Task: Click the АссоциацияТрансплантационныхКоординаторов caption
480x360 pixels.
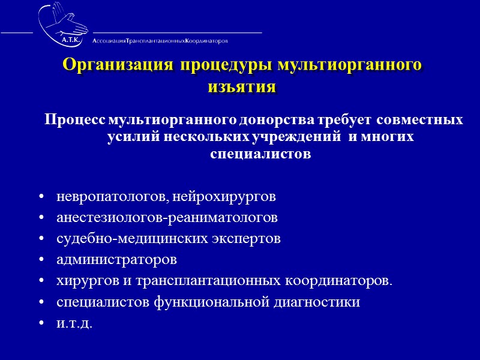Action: tap(160, 41)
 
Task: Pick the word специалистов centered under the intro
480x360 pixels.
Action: tap(261, 154)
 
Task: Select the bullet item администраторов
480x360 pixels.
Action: tap(117, 260)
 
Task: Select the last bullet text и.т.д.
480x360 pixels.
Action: tap(75, 323)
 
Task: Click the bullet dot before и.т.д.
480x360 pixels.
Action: tap(41, 324)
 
